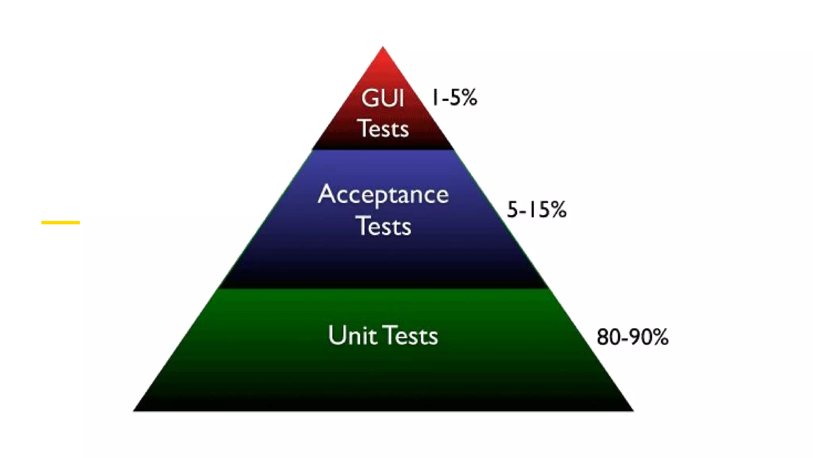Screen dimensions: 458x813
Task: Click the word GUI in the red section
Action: click(x=383, y=98)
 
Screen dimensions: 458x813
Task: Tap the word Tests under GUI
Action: click(x=383, y=128)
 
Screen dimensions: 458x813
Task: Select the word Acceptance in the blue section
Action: click(x=383, y=195)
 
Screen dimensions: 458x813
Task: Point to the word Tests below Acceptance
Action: click(x=383, y=226)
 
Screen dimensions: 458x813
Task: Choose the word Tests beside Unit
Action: click(x=411, y=336)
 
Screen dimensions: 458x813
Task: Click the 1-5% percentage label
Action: click(x=454, y=97)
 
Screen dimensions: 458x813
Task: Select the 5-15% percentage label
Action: click(x=536, y=210)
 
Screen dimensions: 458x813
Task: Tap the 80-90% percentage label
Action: click(x=632, y=337)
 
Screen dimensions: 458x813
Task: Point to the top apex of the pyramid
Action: click(x=383, y=48)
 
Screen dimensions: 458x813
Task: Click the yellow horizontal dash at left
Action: click(x=60, y=223)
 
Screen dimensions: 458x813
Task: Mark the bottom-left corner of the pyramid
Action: click(x=134, y=410)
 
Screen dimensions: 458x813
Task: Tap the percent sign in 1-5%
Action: click(x=469, y=97)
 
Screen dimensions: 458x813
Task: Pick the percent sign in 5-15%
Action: click(x=558, y=210)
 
